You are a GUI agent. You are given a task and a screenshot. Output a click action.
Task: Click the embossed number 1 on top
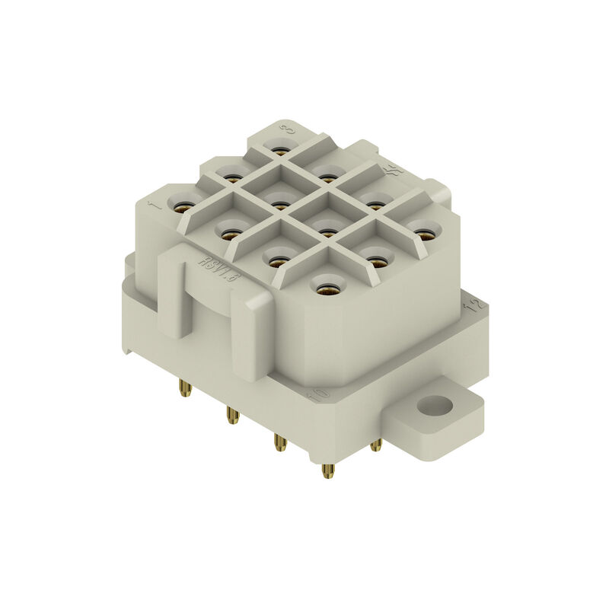(x=155, y=204)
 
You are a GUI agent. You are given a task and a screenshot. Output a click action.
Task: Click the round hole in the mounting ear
(x=435, y=406)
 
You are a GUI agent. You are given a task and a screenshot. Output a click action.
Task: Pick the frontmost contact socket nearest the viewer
(x=328, y=289)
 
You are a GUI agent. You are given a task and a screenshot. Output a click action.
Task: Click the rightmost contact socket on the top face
(x=425, y=233)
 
